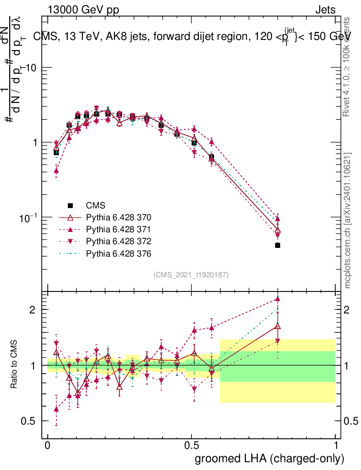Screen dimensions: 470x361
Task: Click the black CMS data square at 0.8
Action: point(277,246)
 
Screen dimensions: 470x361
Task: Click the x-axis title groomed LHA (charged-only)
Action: point(270,459)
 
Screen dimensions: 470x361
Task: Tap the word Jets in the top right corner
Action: point(325,10)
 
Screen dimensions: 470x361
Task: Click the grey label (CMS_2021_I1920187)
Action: point(191,275)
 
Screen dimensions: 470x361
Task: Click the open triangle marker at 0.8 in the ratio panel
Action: point(277,326)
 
